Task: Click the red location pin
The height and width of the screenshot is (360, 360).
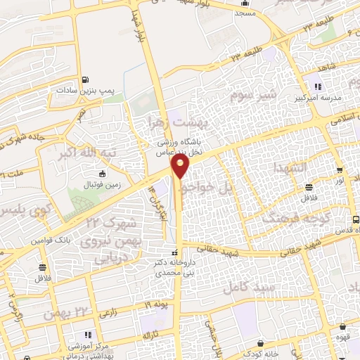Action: point(181,166)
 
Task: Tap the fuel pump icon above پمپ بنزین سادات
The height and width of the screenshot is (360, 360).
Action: point(85,80)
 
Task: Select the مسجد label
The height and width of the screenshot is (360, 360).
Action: point(245,14)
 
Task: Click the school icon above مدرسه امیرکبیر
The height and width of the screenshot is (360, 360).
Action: point(319,86)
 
